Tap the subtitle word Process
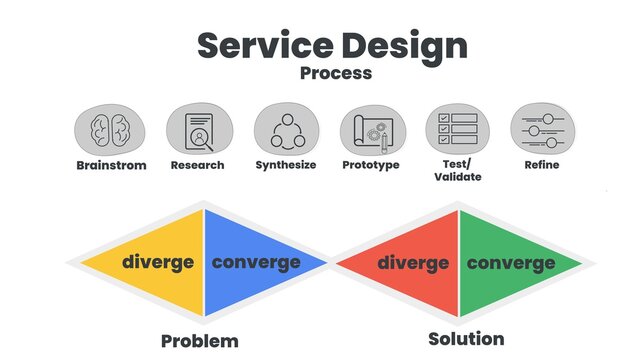pos(336,73)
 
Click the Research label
pos(198,165)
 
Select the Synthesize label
pos(286,165)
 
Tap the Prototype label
pos(371,165)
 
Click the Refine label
pos(542,165)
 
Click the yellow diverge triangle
pos(160,263)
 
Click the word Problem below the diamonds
pos(200,341)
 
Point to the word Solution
pos(466,339)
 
